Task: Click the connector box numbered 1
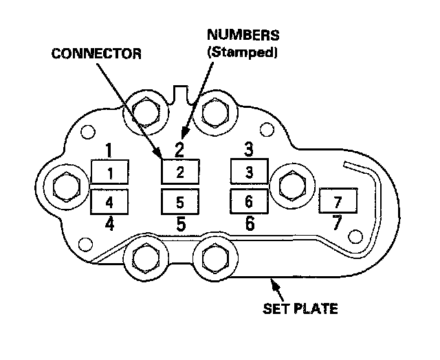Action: [109, 172]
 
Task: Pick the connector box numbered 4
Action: [109, 202]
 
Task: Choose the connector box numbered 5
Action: [180, 203]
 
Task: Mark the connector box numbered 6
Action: [249, 202]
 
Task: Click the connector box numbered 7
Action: [337, 202]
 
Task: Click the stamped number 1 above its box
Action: [109, 150]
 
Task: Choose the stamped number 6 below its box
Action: [250, 223]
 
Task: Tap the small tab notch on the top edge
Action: [181, 91]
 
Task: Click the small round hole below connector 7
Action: [355, 237]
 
